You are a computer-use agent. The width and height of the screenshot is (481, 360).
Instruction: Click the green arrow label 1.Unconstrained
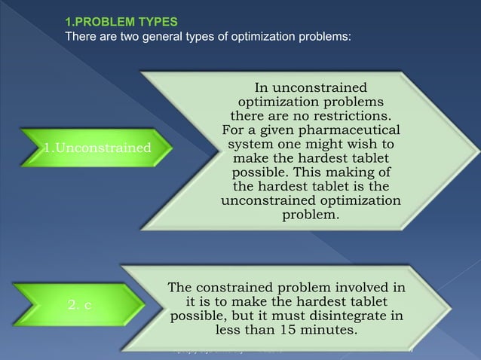click(97, 146)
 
